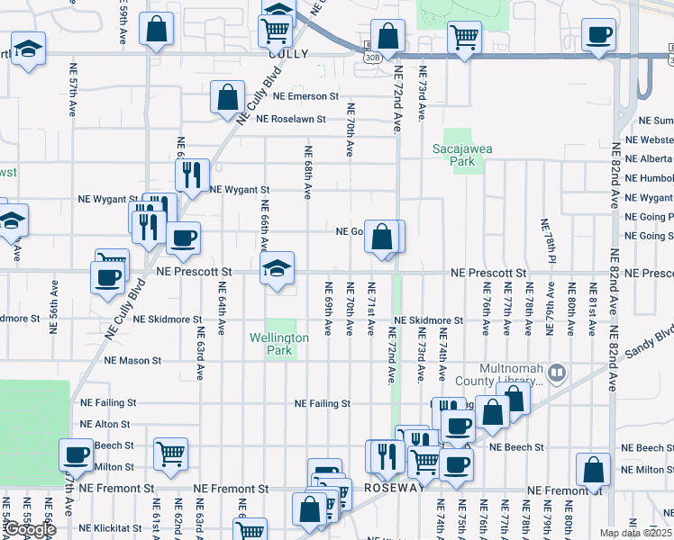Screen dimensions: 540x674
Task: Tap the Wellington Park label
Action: coord(279,344)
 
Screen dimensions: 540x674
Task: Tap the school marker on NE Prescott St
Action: coord(278,267)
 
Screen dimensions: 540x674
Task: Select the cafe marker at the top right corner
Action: coord(598,36)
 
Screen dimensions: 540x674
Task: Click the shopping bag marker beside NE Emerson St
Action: coord(228,97)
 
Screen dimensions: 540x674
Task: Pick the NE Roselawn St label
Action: coord(296,118)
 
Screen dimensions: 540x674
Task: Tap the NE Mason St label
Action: coord(132,360)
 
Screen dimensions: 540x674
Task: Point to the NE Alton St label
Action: coord(105,424)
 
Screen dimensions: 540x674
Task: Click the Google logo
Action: coord(30,530)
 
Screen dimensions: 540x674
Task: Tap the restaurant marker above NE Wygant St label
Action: coord(191,176)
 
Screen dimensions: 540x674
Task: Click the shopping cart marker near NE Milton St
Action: coord(170,455)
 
